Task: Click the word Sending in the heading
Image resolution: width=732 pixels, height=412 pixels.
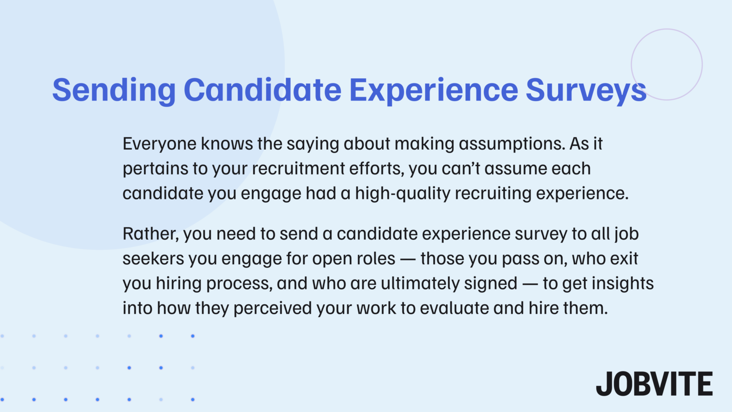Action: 114,91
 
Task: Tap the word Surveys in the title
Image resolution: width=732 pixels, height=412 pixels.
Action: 586,91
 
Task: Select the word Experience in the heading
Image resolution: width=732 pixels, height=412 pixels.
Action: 433,91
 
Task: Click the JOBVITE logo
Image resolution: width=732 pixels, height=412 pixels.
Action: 654,384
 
